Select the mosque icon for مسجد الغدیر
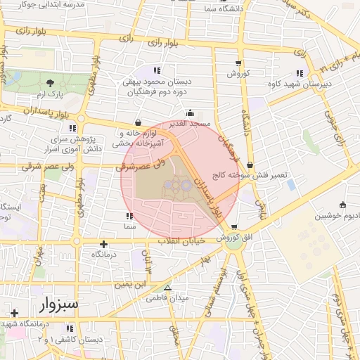click(x=189, y=113)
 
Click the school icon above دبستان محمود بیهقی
click(x=156, y=70)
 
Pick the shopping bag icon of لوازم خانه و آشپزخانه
click(x=136, y=122)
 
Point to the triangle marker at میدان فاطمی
click(x=167, y=288)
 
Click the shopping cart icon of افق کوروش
click(x=233, y=227)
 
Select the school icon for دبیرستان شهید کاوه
click(x=300, y=73)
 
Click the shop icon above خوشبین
click(x=342, y=205)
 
